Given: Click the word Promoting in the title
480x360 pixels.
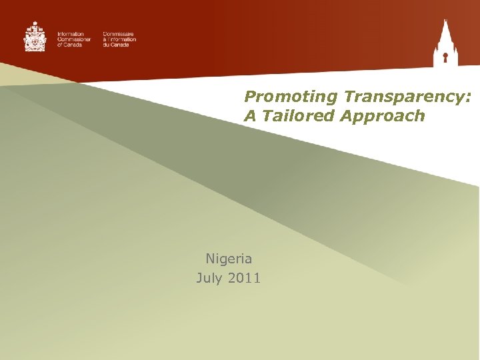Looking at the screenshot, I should [291, 97].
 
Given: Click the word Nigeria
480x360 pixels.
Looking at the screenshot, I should [228, 259].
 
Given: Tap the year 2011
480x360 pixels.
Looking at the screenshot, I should [244, 277].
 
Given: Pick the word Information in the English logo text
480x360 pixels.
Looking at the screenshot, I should [71, 33].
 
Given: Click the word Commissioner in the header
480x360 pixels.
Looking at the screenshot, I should [74, 39].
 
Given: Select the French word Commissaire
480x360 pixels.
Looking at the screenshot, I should [119, 33].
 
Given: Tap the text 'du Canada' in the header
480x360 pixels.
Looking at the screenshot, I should [116, 45].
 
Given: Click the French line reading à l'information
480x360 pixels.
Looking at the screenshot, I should [119, 39].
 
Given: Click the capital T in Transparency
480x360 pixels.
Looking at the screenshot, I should [349, 97].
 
